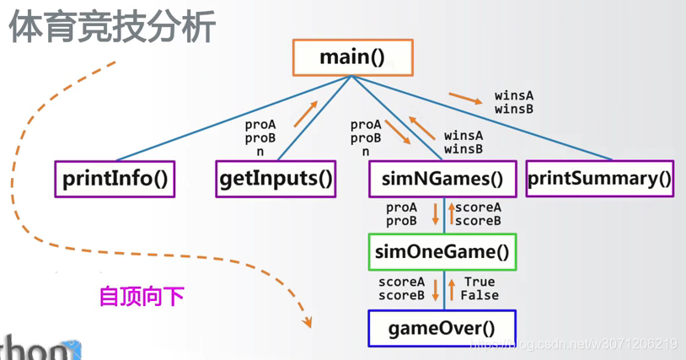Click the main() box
(x=352, y=57)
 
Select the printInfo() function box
(x=115, y=179)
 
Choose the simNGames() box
(x=442, y=179)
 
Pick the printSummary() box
(x=600, y=179)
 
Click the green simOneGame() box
(x=442, y=251)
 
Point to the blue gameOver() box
(x=442, y=328)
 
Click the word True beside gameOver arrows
(x=478, y=282)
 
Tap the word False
(x=480, y=295)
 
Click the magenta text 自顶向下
(x=142, y=297)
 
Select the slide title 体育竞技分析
(x=112, y=27)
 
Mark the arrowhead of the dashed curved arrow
(x=308, y=322)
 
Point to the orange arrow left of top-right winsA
(x=466, y=99)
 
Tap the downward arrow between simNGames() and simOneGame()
(x=436, y=212)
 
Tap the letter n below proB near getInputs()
(x=260, y=153)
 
